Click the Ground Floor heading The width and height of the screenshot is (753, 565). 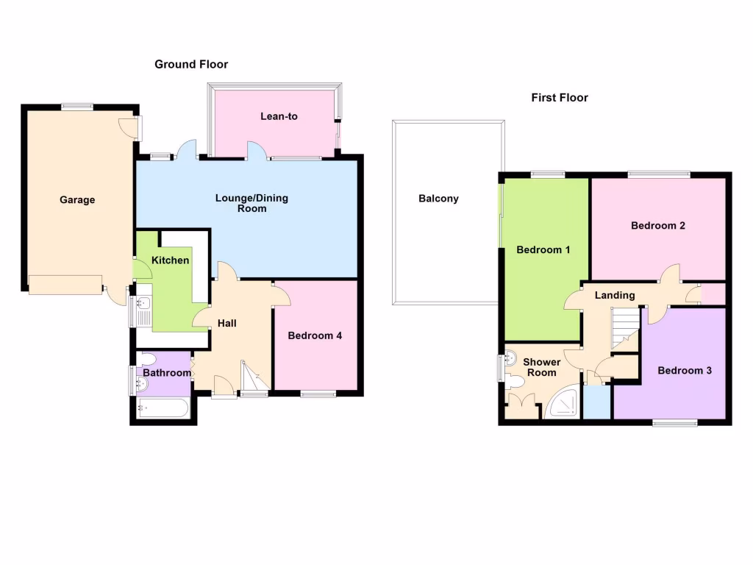(191, 65)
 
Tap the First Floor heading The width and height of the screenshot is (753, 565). (560, 97)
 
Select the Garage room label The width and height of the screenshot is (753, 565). (77, 199)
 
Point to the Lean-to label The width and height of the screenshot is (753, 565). (279, 116)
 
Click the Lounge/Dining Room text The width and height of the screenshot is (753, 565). (251, 203)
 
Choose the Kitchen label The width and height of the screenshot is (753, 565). (170, 260)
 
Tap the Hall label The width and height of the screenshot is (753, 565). (226, 323)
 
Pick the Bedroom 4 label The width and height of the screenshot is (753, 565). (315, 336)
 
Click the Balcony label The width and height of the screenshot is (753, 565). (438, 199)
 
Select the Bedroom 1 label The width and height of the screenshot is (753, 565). (543, 250)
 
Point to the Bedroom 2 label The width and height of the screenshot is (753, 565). (658, 226)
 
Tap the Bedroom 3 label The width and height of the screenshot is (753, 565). (685, 371)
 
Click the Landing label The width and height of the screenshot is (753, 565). (614, 296)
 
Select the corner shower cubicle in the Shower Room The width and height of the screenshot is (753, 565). (563, 404)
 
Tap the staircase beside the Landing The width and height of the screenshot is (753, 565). (624, 327)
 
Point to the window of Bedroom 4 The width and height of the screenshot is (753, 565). (318, 395)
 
